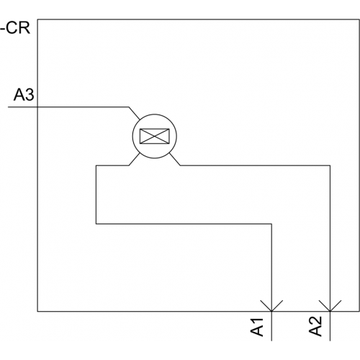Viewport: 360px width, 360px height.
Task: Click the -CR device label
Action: [x=15, y=28]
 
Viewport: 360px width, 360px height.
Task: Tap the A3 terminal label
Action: [x=24, y=94]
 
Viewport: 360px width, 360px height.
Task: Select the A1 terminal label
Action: [x=257, y=327]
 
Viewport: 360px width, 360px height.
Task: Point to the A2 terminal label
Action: [x=315, y=326]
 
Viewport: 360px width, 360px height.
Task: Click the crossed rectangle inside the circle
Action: [x=155, y=136]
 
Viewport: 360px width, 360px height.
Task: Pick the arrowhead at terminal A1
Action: [x=271, y=305]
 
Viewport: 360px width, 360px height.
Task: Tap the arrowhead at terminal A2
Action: [x=330, y=305]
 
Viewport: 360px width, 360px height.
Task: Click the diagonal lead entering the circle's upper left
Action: [x=134, y=113]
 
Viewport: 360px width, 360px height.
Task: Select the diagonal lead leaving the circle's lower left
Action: [x=134, y=159]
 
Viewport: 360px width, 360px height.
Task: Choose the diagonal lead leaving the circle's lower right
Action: [x=175, y=159]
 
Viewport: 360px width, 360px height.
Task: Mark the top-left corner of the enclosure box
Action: [x=37, y=19]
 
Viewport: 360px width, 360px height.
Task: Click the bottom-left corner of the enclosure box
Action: [x=37, y=312]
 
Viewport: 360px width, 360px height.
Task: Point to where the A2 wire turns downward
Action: [x=330, y=166]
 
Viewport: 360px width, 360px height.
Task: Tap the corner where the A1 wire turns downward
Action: [x=271, y=224]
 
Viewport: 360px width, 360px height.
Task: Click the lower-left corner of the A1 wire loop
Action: [x=96, y=224]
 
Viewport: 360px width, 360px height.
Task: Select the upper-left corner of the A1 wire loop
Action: [x=96, y=166]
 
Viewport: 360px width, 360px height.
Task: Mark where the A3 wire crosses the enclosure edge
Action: [x=37, y=107]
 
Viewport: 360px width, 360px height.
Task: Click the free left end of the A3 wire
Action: [x=9, y=107]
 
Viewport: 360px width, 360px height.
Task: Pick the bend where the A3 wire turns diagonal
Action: [x=129, y=107]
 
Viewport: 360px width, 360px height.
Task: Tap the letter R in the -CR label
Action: [x=24, y=28]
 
